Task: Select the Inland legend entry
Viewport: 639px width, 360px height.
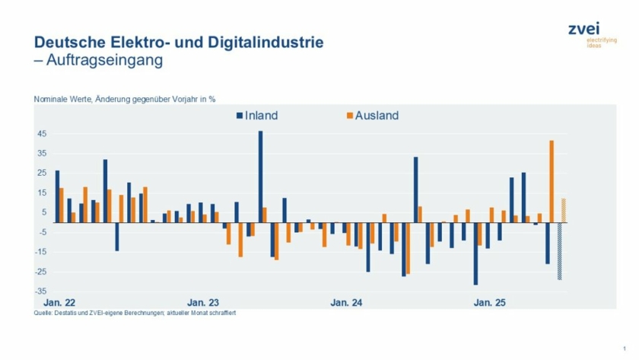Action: click(x=256, y=116)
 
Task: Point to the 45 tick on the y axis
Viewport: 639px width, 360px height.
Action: click(x=42, y=134)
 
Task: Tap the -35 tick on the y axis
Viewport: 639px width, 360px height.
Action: click(x=40, y=291)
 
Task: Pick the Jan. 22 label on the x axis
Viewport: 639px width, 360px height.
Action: click(x=59, y=303)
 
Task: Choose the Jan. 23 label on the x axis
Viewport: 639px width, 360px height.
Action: click(x=203, y=303)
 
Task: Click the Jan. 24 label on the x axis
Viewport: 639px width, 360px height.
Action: click(x=346, y=303)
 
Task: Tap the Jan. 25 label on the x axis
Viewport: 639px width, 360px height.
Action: click(x=490, y=303)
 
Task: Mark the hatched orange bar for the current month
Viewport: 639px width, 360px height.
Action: click(x=564, y=210)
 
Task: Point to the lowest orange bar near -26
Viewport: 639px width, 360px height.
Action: click(x=408, y=248)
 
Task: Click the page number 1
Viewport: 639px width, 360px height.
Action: click(x=624, y=348)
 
